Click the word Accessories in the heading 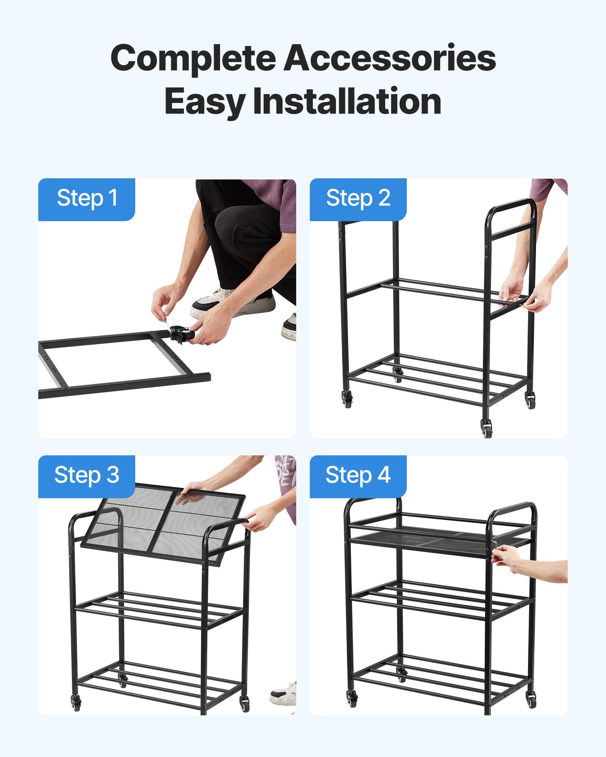[390, 58]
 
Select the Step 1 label [87, 198]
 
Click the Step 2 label [358, 198]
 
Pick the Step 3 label [87, 475]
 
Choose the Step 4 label [358, 475]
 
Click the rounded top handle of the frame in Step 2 [511, 206]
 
